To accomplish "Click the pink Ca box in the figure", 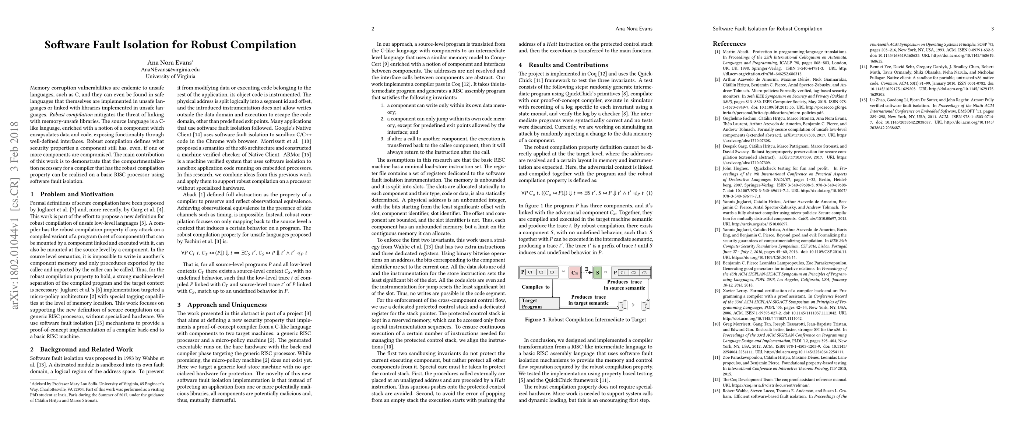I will click(574, 273).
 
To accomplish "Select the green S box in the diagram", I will click(597, 273).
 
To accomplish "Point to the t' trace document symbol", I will click(646, 306).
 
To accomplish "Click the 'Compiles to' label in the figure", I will click(535, 287).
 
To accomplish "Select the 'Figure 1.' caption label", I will click(535, 320).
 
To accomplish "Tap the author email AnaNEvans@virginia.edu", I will click(170, 70).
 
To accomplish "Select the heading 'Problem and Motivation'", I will click(77, 194).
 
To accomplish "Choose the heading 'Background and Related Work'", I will click(86, 350).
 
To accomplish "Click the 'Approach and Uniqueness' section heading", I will click(227, 305).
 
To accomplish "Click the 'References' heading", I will click(729, 44).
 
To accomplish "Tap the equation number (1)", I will click(649, 193).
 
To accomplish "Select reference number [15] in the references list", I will click(863, 100).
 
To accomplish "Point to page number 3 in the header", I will click(993, 29).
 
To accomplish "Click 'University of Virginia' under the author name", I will click(170, 76).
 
